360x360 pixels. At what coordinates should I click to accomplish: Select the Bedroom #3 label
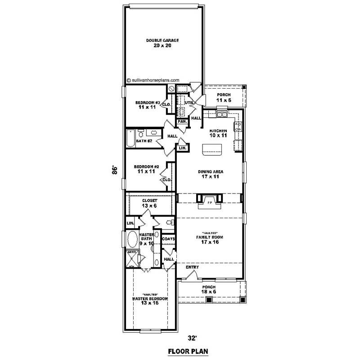147,105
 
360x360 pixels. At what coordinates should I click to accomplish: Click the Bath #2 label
144,141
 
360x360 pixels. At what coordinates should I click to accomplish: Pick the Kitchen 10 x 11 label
218,133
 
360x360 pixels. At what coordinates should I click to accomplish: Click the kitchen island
212,149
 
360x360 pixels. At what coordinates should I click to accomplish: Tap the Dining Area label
211,174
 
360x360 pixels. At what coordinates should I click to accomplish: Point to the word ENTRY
192,267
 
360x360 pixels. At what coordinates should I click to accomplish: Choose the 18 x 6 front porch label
208,290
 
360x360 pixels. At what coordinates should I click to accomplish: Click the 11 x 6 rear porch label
224,97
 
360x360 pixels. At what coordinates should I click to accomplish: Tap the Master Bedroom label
150,301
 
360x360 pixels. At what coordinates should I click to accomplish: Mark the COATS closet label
168,238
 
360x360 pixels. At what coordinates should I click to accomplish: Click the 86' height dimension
115,170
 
